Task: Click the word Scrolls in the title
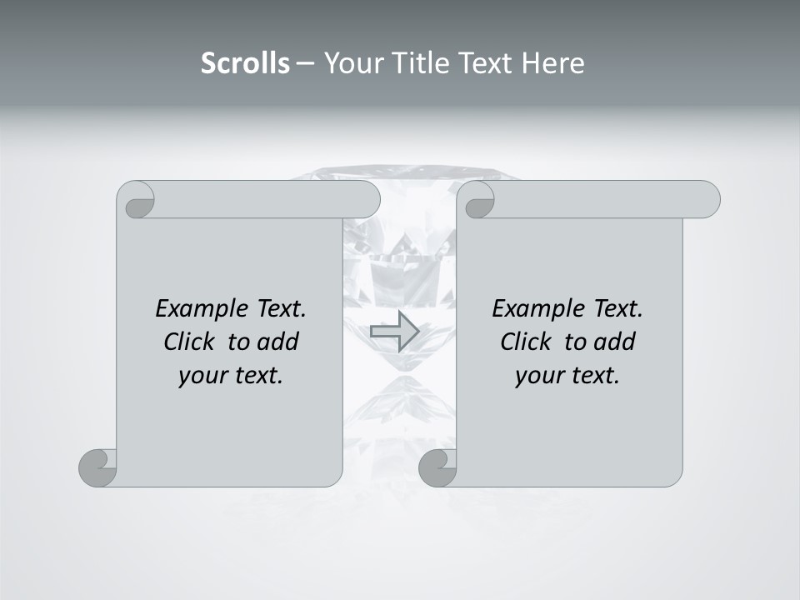pos(246,63)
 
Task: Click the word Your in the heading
pos(353,63)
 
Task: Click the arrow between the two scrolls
pos(394,331)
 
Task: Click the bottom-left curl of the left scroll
pos(98,467)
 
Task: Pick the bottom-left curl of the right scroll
pos(438,467)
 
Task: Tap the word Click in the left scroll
pos(182,342)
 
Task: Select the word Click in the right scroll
pos(519,342)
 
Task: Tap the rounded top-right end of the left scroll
pos(367,200)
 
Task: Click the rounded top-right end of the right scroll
pos(707,200)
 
